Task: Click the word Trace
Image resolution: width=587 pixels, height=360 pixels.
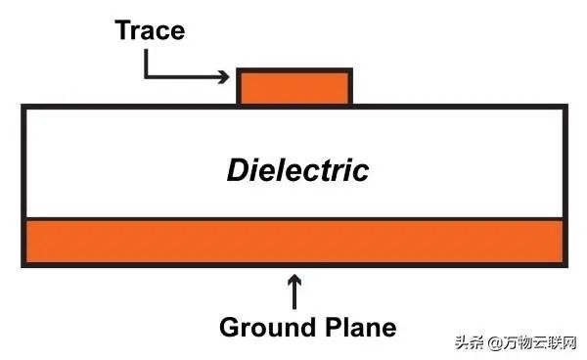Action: (150, 30)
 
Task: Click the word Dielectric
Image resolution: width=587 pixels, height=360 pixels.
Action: (298, 170)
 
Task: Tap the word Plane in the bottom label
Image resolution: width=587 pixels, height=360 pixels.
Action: (361, 328)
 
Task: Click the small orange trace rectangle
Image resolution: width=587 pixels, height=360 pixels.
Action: (294, 88)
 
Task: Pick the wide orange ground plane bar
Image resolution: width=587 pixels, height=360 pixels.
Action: (294, 242)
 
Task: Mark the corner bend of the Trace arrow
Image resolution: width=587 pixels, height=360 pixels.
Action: (146, 77)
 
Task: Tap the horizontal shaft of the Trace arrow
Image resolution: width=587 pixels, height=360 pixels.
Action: (185, 77)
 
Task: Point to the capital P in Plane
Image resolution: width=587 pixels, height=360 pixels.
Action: (333, 328)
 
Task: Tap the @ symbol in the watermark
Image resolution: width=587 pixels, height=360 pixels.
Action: (495, 342)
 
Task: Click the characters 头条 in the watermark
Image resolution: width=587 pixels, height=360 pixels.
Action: (470, 342)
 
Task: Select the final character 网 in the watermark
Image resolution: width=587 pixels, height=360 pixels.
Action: (568, 342)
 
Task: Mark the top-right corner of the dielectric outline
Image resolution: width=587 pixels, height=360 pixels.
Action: (565, 107)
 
